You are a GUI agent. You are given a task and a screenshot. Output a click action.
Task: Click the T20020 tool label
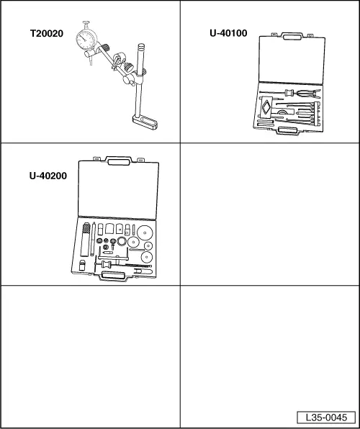click(x=47, y=34)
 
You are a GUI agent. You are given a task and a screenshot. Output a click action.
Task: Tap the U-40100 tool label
click(x=228, y=33)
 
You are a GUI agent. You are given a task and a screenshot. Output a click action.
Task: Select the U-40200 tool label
click(x=48, y=176)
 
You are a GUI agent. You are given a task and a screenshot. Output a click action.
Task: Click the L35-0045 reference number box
click(x=326, y=417)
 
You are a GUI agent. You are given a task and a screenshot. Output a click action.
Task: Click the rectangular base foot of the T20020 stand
click(x=145, y=122)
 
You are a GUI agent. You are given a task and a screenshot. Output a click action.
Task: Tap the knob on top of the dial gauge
click(x=86, y=23)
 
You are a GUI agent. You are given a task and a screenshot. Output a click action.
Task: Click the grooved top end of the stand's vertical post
click(x=141, y=47)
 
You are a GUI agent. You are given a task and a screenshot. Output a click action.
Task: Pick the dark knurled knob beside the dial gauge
click(x=106, y=48)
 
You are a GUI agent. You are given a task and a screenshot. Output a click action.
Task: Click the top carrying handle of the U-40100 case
click(x=293, y=36)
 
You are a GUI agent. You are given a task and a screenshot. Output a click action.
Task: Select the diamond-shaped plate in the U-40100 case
click(x=266, y=107)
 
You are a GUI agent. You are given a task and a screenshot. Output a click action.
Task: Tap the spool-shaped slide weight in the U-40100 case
click(x=289, y=92)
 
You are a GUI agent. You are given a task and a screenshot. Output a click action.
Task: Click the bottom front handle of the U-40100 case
click(x=287, y=130)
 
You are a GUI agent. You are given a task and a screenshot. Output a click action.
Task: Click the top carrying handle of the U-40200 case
click(x=119, y=161)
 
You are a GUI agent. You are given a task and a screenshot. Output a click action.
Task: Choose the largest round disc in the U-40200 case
click(x=145, y=232)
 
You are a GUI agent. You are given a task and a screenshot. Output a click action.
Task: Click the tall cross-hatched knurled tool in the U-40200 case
click(x=86, y=240)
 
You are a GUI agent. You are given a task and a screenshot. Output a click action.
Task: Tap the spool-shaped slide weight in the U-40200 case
click(x=107, y=264)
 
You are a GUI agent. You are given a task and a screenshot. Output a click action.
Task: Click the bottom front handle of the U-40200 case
click(x=113, y=276)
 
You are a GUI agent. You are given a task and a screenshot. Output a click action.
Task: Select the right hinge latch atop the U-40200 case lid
click(x=140, y=160)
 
